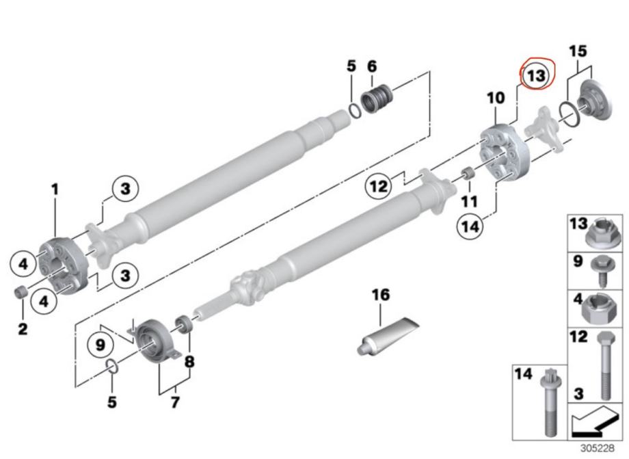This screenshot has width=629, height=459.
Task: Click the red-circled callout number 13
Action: coord(537,75)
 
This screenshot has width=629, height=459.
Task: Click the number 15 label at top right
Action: coord(578,52)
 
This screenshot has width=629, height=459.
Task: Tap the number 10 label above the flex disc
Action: coord(496,99)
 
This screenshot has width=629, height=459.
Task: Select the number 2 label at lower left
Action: coord(23,330)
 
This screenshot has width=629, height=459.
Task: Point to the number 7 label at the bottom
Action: coord(175,403)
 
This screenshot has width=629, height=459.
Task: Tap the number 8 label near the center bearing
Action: coord(189,360)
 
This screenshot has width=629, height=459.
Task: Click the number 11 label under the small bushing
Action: coord(469,202)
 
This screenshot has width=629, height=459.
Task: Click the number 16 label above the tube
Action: coord(381,295)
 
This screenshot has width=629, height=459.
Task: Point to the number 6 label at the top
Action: coord(372,66)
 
